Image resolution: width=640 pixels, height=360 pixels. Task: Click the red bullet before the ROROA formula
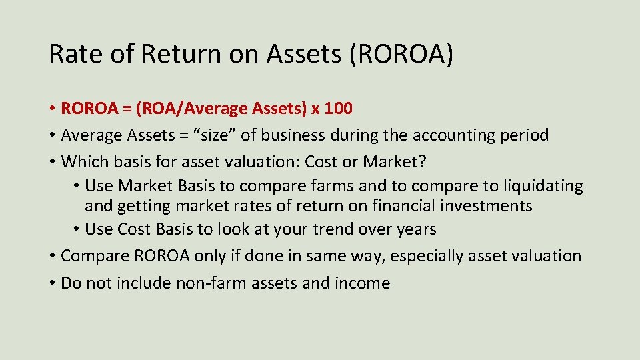52,108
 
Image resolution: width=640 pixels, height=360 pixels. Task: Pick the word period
525,135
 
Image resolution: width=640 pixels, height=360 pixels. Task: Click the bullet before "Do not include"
52,283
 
